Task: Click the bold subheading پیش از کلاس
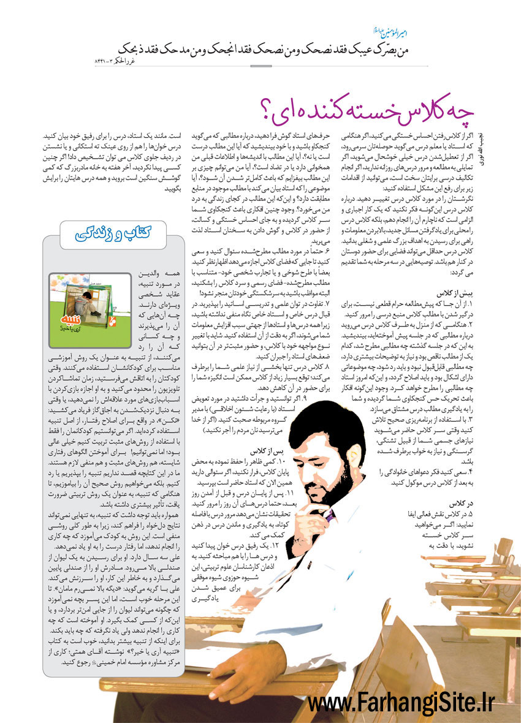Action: click(454, 293)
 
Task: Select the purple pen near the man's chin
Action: click(327, 518)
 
